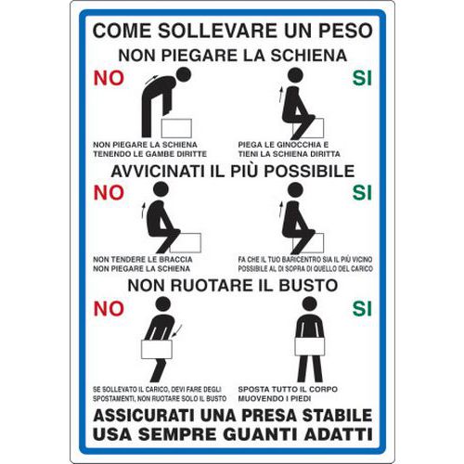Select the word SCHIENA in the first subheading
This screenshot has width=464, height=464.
[x=309, y=56]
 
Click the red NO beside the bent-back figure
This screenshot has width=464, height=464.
[x=109, y=78]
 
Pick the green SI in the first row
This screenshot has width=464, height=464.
[x=362, y=78]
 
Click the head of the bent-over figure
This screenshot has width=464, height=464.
[x=183, y=75]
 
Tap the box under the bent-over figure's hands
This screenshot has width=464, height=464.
[x=176, y=128]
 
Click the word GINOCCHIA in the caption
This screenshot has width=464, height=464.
[x=299, y=145]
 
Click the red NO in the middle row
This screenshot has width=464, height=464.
[x=109, y=193]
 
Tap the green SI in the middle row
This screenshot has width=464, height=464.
[x=362, y=193]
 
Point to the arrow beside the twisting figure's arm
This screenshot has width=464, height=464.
[x=178, y=331]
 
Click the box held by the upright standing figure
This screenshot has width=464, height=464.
[x=310, y=346]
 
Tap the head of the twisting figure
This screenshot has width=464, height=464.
[x=163, y=304]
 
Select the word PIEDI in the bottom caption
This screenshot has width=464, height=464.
[x=300, y=398]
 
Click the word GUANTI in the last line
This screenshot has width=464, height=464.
[x=261, y=434]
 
